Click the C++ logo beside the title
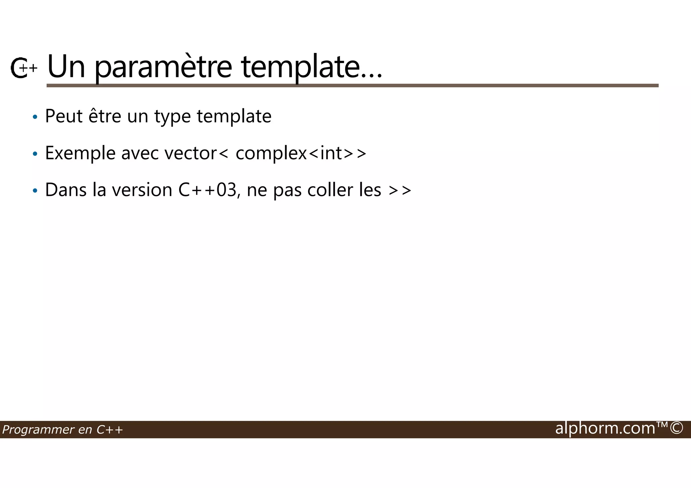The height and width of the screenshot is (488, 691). coord(23,68)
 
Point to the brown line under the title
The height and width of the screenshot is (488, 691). coord(352,86)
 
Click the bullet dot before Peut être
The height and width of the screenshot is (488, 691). coord(35,117)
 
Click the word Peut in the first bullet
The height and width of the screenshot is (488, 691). coord(64,116)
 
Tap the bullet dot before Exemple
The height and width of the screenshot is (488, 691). coord(35,154)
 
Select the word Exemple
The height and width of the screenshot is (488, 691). coord(80,153)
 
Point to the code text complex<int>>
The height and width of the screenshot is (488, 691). coord(301,153)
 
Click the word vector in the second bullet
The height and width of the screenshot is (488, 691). coord(191,153)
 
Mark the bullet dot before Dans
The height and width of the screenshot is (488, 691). coord(35,191)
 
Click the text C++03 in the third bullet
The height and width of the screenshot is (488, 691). coord(207,190)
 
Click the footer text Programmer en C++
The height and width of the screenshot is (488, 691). coord(62,430)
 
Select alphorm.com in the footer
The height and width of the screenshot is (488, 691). coord(605,428)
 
